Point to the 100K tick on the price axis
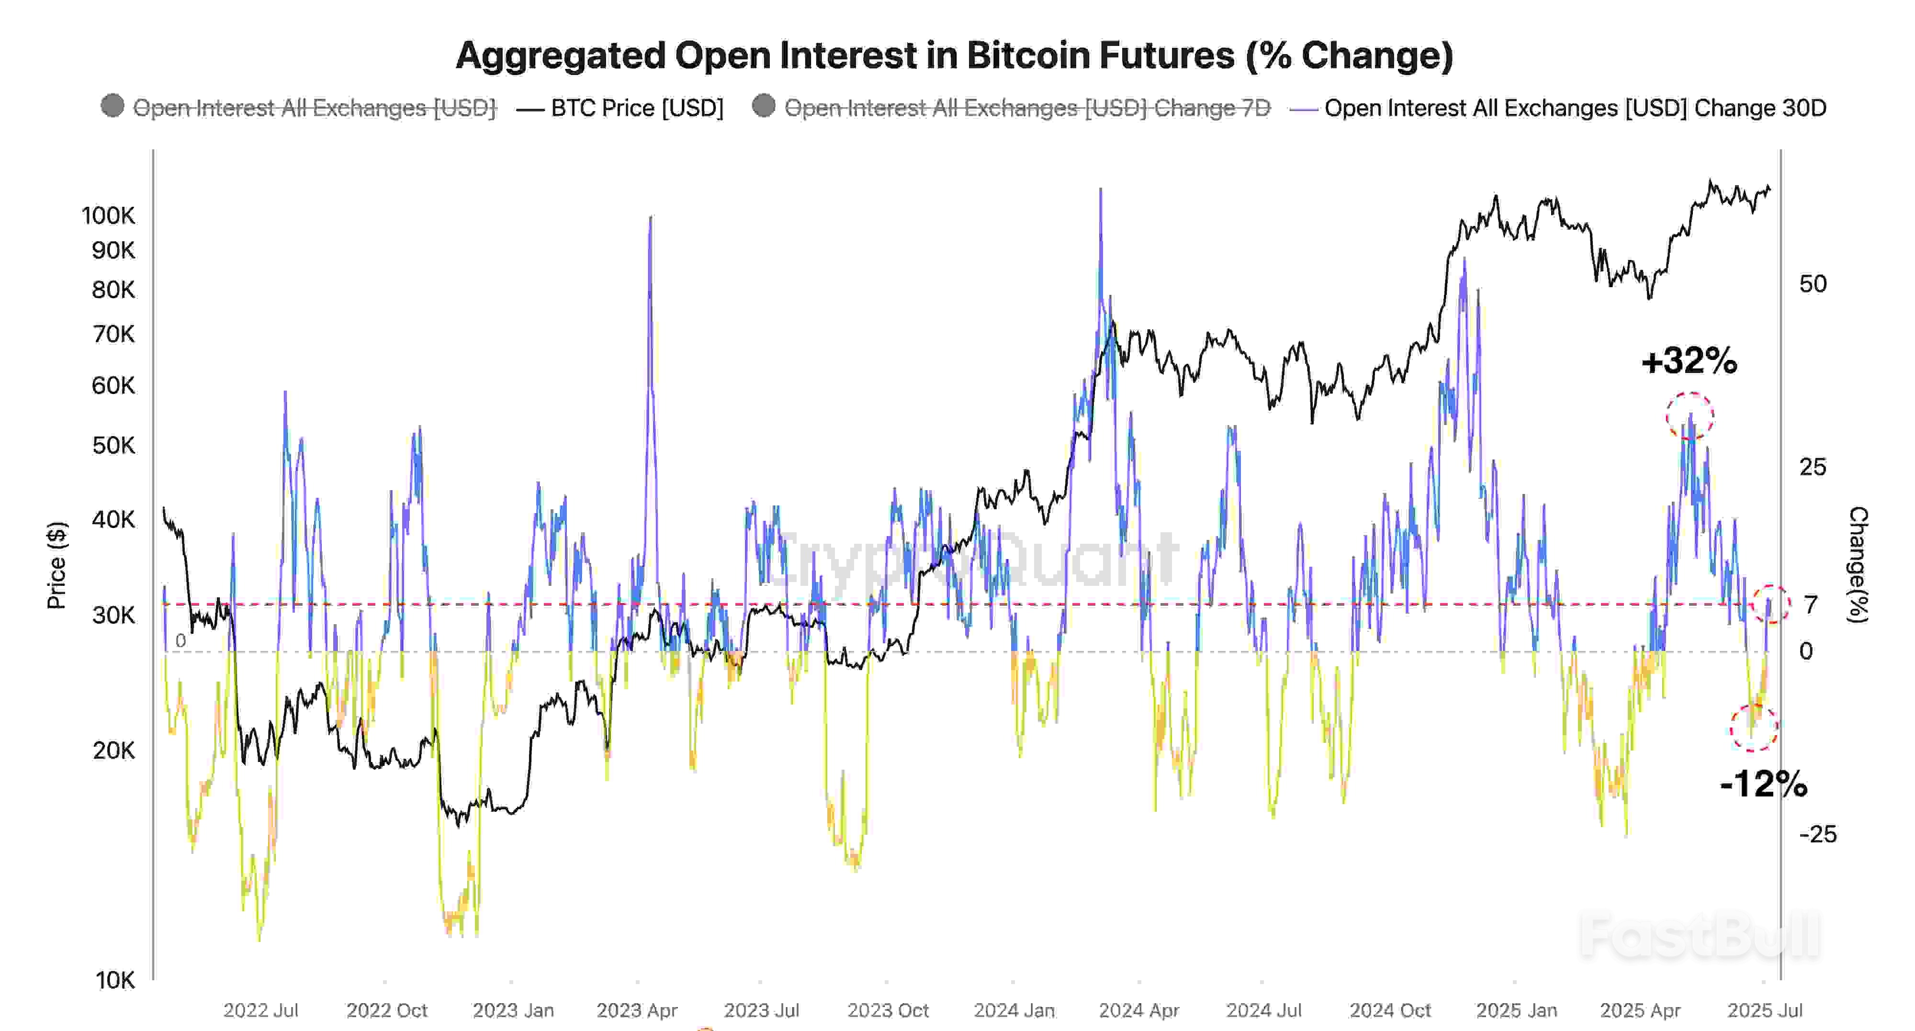109,215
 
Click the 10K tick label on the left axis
115,980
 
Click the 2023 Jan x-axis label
513,1010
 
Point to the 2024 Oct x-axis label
1389,1010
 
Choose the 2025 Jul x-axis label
1764,1010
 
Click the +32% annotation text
1689,361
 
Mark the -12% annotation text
1763,784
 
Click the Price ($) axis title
56,565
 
